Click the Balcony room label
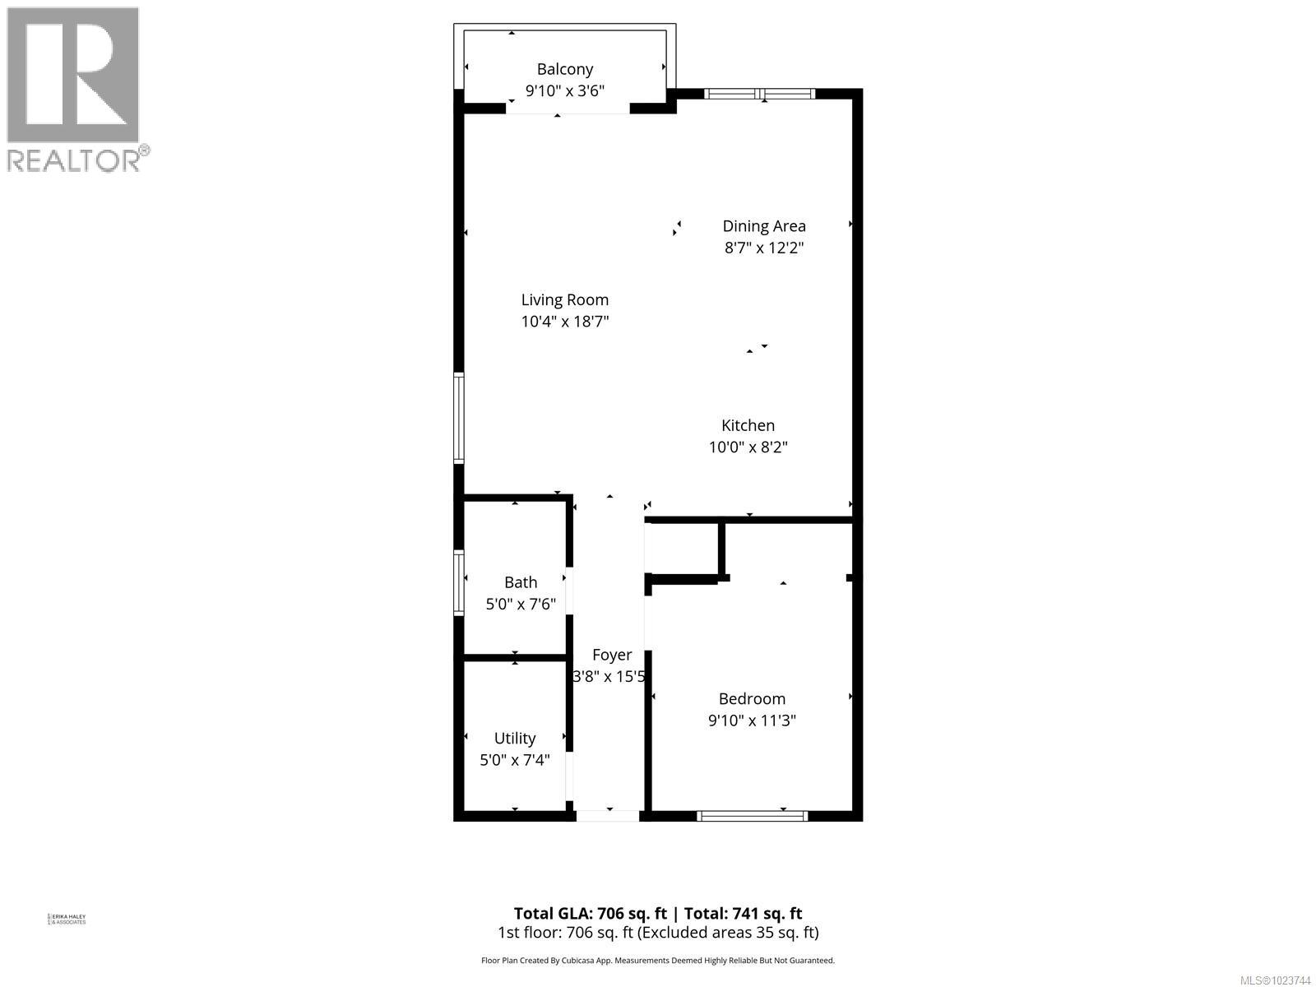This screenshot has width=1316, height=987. pos(564,69)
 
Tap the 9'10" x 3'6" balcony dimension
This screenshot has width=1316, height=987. pos(564,90)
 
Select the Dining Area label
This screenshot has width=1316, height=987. pos(763,225)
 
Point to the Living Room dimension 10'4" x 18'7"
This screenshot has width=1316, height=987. pos(564,322)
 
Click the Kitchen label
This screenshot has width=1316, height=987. pos(748,425)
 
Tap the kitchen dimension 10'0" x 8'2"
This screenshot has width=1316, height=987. pos(748,447)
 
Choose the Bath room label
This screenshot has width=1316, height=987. pos(520,582)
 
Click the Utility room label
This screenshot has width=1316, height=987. pos(514,739)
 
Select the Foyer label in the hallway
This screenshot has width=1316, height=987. pos(612,655)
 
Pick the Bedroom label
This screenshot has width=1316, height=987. pos(752,698)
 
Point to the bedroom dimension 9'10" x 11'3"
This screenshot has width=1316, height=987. pos(752,721)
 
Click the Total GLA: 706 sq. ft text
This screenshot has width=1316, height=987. pos(592,913)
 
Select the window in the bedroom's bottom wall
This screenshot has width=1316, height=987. pos(752,816)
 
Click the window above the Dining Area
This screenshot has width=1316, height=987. pos(760,94)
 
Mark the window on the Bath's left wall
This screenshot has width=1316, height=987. pos(459,582)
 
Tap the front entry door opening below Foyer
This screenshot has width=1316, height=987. pos(608,816)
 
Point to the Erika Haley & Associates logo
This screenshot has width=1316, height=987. pos(67,919)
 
